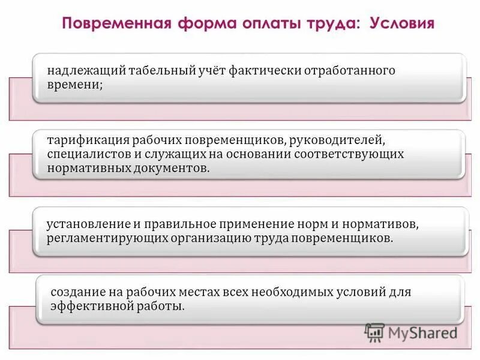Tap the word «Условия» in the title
pos(401,25)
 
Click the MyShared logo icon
pos(375,332)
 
